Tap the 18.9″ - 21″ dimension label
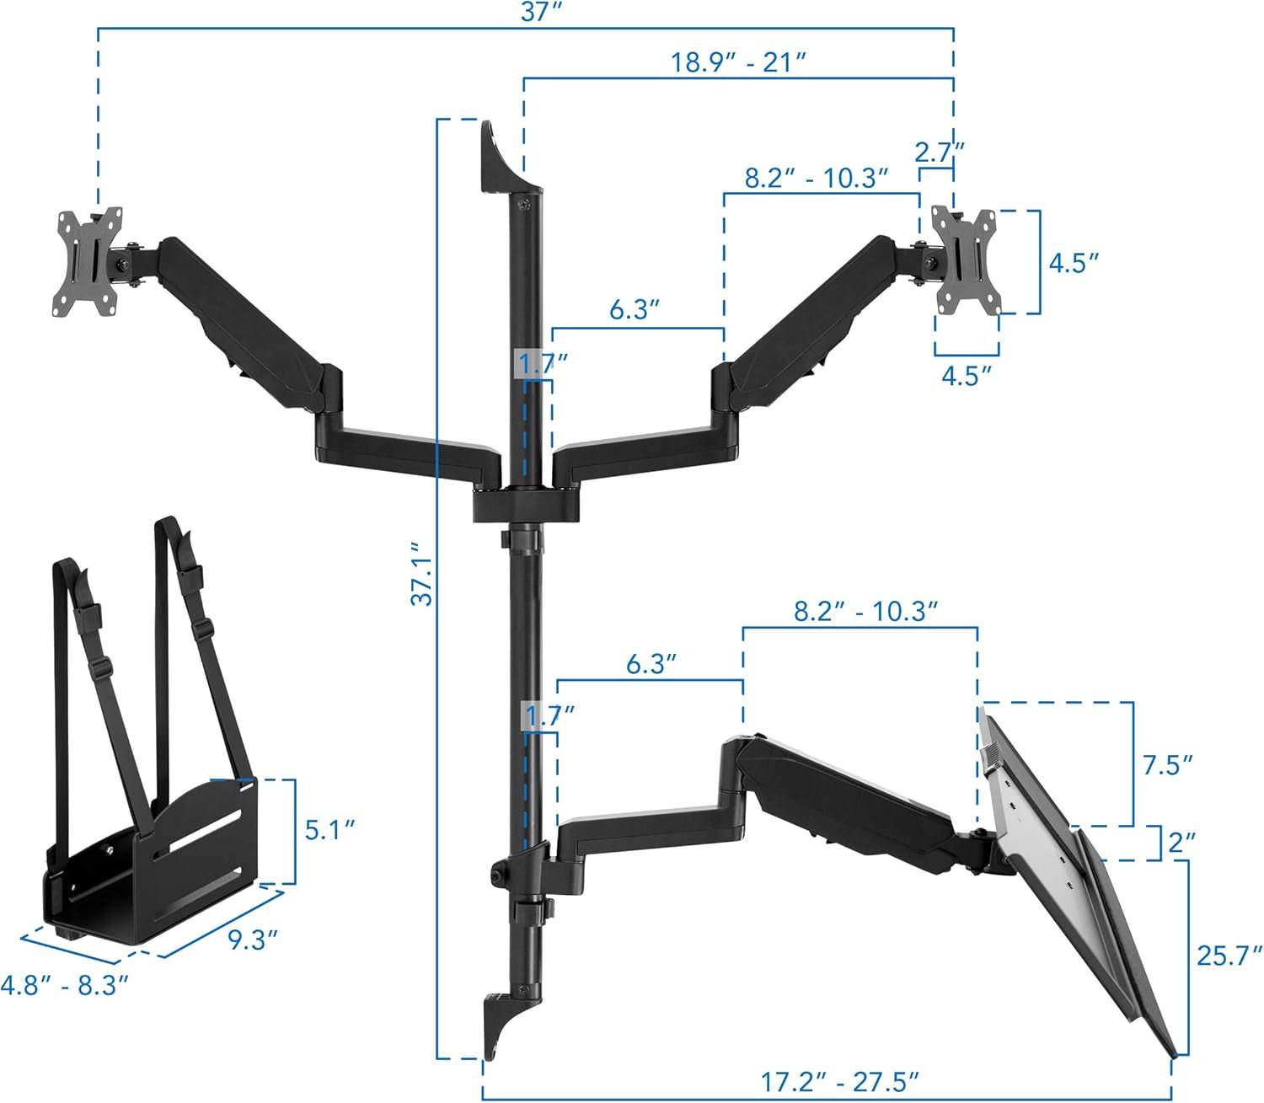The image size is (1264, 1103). pyautogui.click(x=738, y=62)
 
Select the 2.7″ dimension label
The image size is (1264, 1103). pyautogui.click(x=939, y=152)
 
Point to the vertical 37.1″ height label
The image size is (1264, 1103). pyautogui.click(x=422, y=574)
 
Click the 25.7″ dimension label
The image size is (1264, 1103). pyautogui.click(x=1229, y=956)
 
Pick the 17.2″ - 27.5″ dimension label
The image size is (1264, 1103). pyautogui.click(x=839, y=1082)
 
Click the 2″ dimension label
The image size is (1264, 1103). pyautogui.click(x=1182, y=843)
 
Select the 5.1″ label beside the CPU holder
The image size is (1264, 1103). pyautogui.click(x=329, y=830)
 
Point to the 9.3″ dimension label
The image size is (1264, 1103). pyautogui.click(x=254, y=940)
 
